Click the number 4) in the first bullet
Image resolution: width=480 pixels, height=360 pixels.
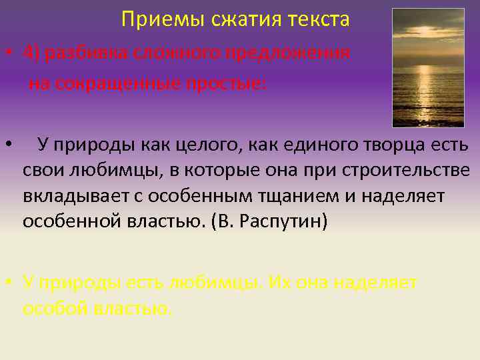coord(33,53)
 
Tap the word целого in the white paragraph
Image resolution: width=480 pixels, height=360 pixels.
coord(200,145)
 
